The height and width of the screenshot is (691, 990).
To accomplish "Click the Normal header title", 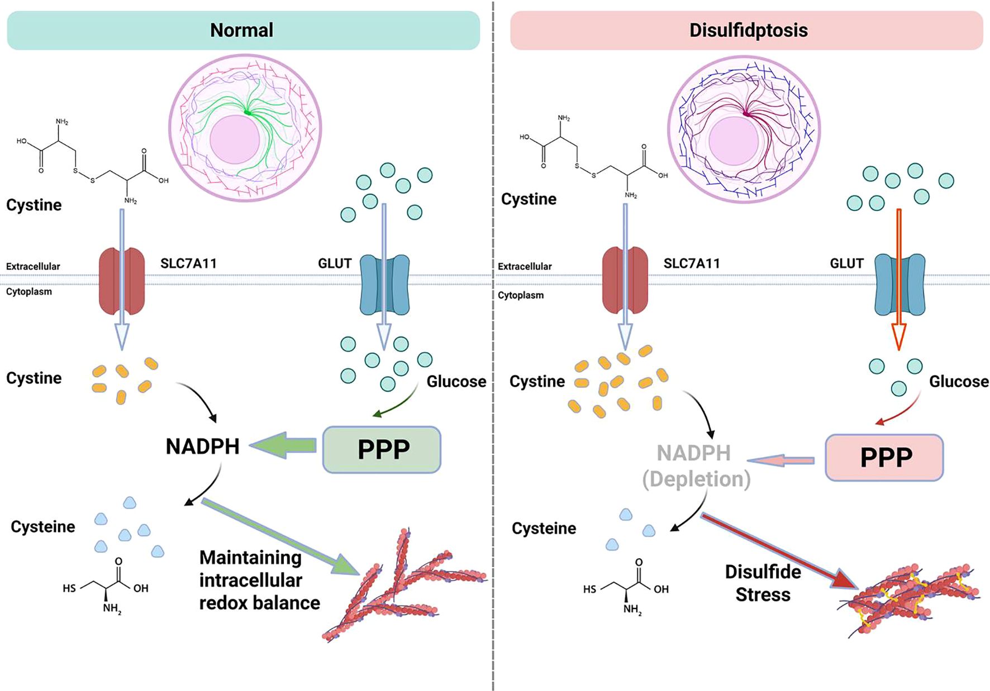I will [x=241, y=30].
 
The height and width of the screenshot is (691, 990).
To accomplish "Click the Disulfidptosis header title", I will [x=748, y=30].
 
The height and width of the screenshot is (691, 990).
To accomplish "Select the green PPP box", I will [x=382, y=449].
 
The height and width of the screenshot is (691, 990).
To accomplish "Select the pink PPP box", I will [x=884, y=457].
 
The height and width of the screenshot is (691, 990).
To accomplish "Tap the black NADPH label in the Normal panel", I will [x=202, y=447].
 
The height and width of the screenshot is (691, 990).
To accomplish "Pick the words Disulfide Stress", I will [x=763, y=583].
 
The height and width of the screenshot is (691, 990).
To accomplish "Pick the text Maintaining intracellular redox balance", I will [x=259, y=580].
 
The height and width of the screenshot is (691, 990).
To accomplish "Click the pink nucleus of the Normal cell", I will [x=235, y=140].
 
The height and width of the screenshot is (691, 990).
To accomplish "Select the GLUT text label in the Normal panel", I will [x=334, y=263].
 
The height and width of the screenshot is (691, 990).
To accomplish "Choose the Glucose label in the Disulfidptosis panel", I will [x=958, y=382].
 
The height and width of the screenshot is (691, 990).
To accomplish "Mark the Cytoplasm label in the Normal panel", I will [x=29, y=292].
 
